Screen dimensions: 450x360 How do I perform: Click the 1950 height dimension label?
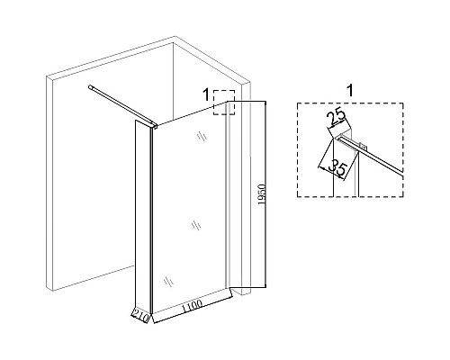[x=262, y=194]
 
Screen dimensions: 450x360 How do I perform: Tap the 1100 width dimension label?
[x=192, y=306]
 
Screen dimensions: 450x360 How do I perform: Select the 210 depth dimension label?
[x=140, y=318]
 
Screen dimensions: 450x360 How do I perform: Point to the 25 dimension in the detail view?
[x=337, y=118]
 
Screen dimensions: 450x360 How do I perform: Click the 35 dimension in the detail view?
[x=337, y=169]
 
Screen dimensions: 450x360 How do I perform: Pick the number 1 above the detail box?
[x=350, y=91]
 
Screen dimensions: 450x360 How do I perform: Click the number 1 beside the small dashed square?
[x=206, y=95]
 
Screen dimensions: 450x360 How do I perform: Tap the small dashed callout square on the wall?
[x=224, y=103]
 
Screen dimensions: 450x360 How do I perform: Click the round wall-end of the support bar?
[x=90, y=87]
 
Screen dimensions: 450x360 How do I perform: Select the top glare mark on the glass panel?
[x=202, y=137]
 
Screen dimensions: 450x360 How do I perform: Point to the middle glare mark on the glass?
[x=196, y=225]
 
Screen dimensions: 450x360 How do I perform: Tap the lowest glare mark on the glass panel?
[x=168, y=282]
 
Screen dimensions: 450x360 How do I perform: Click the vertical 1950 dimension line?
[x=265, y=194]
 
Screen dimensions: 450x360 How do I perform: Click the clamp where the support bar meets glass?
[x=154, y=126]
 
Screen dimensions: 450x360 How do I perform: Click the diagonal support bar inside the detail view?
[x=372, y=155]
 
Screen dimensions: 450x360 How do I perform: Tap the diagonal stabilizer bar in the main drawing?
[x=122, y=105]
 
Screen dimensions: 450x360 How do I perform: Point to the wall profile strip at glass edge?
[x=228, y=195]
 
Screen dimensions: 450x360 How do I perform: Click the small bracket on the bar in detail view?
[x=364, y=148]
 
